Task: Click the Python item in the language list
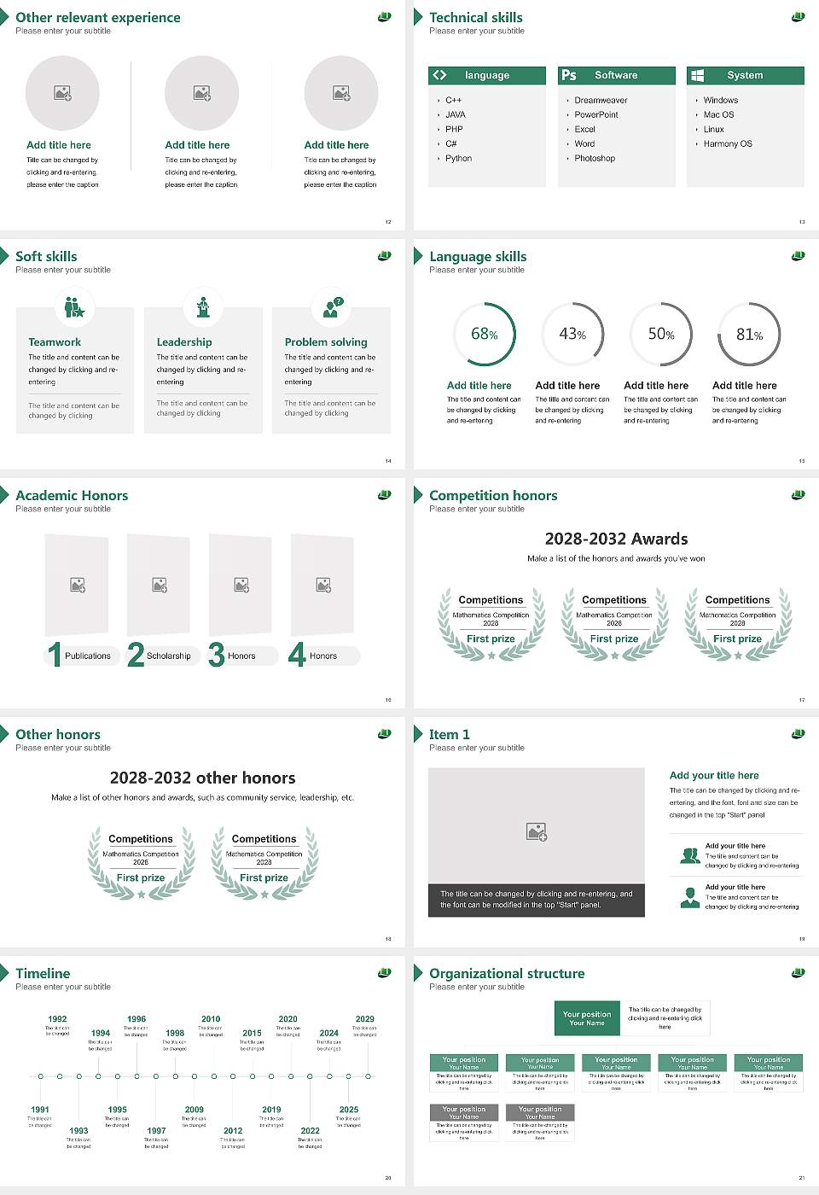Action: pos(458,158)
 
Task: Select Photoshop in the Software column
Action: pos(594,158)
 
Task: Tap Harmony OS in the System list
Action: pos(728,143)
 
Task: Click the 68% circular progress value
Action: pos(485,334)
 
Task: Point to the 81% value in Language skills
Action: pos(749,335)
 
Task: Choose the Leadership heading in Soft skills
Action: pos(184,341)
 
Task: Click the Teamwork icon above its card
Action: pos(74,306)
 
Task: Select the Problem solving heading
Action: pos(326,341)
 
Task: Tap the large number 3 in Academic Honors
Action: pos(216,655)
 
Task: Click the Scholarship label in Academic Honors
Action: pos(168,656)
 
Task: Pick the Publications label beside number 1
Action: pos(87,656)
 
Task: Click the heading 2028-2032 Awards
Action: pos(616,539)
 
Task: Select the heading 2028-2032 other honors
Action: pos(202,778)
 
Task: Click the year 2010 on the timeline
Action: pos(211,1018)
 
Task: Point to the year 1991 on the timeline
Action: pos(40,1110)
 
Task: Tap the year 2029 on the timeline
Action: pos(364,1018)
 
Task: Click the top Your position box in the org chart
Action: pos(587,1018)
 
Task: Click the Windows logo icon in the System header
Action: pos(697,75)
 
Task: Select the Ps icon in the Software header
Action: pos(569,75)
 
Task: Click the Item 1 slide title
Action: pos(449,734)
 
